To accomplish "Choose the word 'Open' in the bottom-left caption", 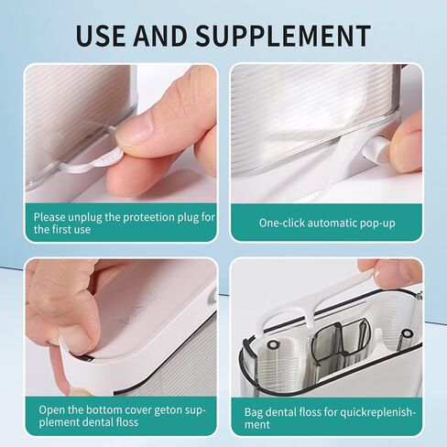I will (x=53, y=409).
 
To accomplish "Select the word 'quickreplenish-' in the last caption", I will (x=375, y=412).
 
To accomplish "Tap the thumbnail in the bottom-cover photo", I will (x=76, y=339).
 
